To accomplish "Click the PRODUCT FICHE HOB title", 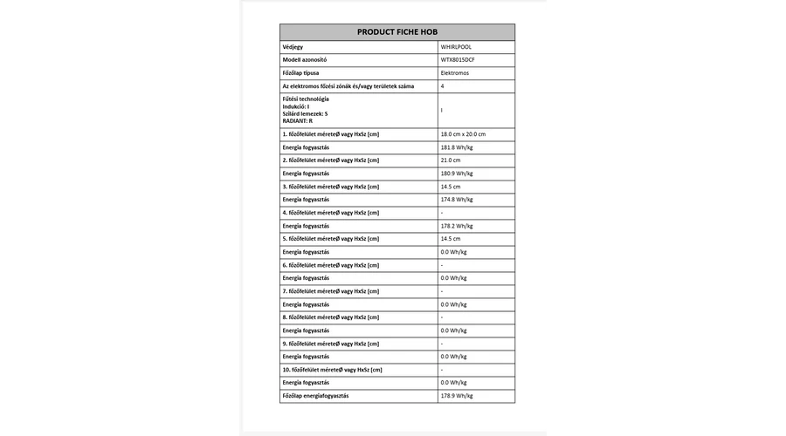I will coord(397,31).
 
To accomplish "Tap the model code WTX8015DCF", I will coord(458,59).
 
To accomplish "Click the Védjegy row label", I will coord(294,46).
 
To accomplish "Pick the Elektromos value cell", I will coord(455,72).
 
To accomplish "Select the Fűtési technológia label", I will coord(306,99).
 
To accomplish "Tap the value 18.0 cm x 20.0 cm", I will coord(463,134).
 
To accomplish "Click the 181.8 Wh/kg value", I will coord(457,147).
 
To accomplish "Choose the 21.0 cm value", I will coord(451,160).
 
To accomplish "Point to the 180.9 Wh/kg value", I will coord(457,174).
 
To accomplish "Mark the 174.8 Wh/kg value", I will coord(457,200).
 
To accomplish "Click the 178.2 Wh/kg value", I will coord(457,226).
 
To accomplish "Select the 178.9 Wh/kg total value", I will coord(457,396).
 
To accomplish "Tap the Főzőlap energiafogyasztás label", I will coord(315,396).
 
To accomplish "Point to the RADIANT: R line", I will coord(297,120).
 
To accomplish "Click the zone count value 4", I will coord(443,86).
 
